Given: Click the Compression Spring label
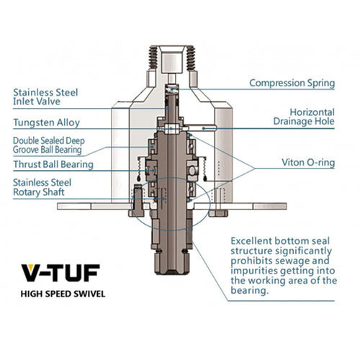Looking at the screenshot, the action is coord(292,83).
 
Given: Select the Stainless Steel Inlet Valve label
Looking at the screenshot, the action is coord(45,96).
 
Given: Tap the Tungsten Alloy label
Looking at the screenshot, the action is coord(46,122).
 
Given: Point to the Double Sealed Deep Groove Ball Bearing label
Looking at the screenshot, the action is coord(49,145).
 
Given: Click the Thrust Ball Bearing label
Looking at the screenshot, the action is coord(53,164).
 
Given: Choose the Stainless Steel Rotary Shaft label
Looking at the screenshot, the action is coord(42,187).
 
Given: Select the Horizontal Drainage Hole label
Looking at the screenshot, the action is coord(304,117).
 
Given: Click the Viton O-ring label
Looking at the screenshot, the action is coord(308,163).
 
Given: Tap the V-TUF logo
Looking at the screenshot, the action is coord(60,273).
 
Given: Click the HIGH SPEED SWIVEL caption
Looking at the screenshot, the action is coord(63,294).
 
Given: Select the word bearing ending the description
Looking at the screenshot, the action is coord(249,290).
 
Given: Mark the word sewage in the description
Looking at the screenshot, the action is coord(292,261).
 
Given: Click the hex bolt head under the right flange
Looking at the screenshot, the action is coord(218,213).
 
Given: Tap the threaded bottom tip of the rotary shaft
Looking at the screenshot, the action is coord(171,272).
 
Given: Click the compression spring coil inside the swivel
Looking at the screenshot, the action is coord(172,89).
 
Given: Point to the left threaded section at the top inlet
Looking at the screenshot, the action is coord(153,58).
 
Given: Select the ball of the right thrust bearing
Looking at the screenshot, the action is coord(192,170).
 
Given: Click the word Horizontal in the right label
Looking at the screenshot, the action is coord(312,112).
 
